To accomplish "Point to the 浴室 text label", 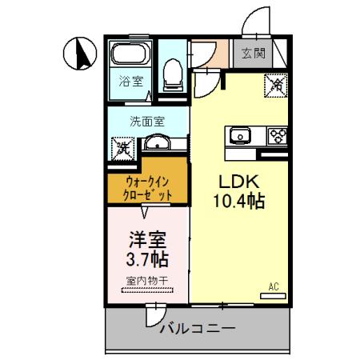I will pos(130,81).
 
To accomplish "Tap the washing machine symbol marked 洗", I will pos(122,146).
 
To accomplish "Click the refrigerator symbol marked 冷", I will pos(276,83).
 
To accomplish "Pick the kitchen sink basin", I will pos(241,135).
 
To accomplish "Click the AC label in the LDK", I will pos(273,286).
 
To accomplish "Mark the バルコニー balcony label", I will pos(196,329).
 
